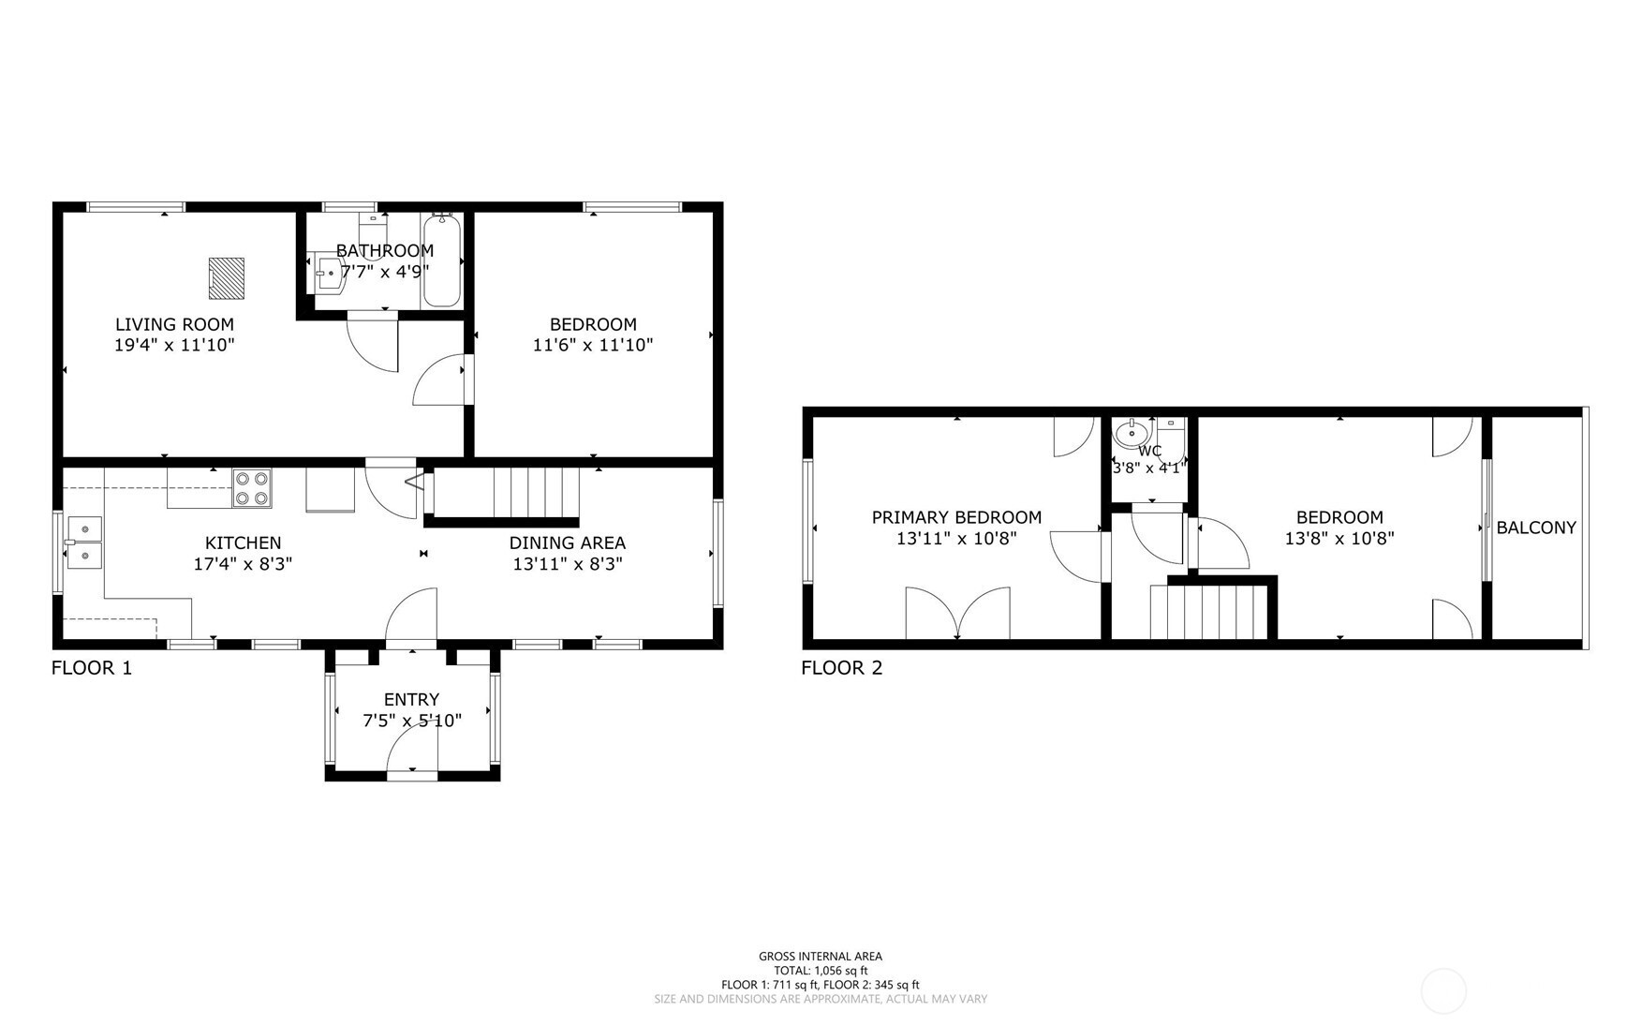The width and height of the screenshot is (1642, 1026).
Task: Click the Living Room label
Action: click(174, 324)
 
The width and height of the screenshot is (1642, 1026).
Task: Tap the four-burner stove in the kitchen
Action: click(252, 487)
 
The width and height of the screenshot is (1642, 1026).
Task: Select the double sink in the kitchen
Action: click(84, 543)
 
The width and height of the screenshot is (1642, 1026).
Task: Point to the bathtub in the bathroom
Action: click(441, 261)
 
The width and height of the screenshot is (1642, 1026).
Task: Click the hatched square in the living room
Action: click(226, 278)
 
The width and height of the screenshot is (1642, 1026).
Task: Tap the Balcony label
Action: click(1536, 528)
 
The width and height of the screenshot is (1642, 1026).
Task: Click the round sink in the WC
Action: click(1132, 433)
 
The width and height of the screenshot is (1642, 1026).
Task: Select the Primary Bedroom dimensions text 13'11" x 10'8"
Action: click(956, 539)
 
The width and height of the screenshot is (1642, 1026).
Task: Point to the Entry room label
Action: click(411, 699)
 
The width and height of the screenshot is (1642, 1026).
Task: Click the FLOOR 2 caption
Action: click(842, 668)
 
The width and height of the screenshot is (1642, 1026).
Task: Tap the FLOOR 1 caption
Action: click(92, 668)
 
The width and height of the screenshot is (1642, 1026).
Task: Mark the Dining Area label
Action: click(568, 543)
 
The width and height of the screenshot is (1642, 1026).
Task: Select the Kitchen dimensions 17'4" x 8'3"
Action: click(244, 564)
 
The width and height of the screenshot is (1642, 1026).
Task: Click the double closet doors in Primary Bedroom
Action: click(957, 614)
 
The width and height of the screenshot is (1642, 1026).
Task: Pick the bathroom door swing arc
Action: click(373, 347)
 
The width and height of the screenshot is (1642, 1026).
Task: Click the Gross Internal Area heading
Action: click(821, 957)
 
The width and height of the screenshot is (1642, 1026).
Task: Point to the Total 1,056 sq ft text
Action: click(821, 971)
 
